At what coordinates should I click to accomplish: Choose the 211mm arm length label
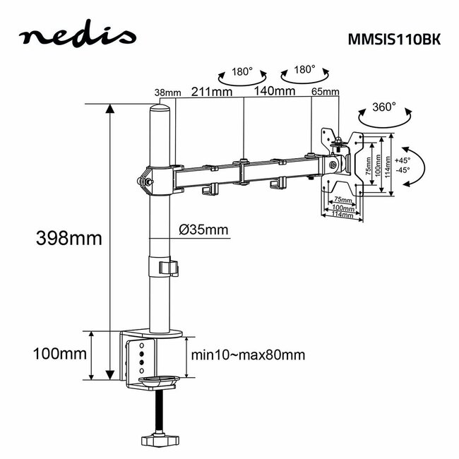(212, 90)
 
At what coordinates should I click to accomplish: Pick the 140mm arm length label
(275, 90)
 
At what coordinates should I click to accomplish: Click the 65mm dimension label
(326, 93)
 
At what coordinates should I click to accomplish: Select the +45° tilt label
(403, 160)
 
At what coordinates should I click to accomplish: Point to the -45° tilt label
(403, 170)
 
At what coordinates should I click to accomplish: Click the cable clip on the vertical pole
(167, 268)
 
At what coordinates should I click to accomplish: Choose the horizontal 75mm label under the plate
(342, 200)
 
